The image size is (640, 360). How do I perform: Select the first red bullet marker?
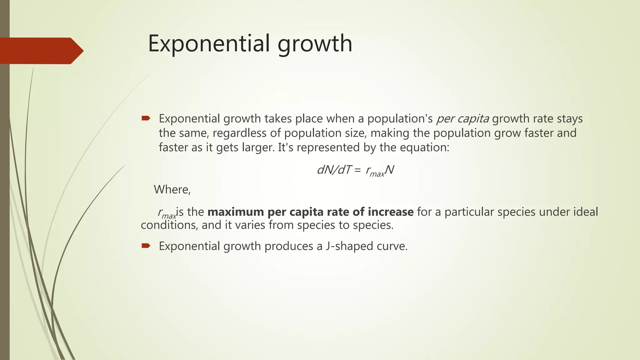[146, 118]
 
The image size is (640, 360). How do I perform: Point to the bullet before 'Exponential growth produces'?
[146, 246]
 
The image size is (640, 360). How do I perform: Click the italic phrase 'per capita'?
[462, 119]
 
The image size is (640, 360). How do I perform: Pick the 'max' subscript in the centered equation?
[377, 174]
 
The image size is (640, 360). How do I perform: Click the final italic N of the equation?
[389, 170]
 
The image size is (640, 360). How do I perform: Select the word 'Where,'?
[172, 189]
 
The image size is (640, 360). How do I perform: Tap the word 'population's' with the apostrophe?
[400, 119]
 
